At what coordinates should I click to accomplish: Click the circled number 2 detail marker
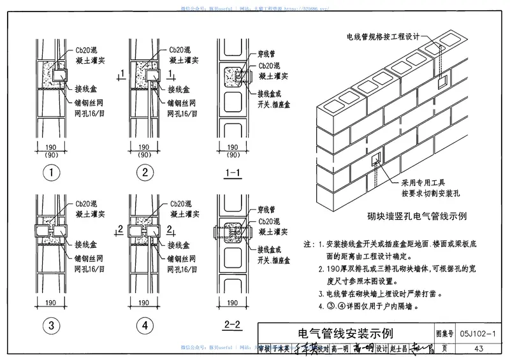[145, 171]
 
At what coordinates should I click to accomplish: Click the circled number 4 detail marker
[145, 326]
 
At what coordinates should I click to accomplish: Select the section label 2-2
[232, 326]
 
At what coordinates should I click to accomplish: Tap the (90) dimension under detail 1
[53, 155]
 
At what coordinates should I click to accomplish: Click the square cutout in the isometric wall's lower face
[375, 158]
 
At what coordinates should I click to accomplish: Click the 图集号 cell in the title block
[444, 333]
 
